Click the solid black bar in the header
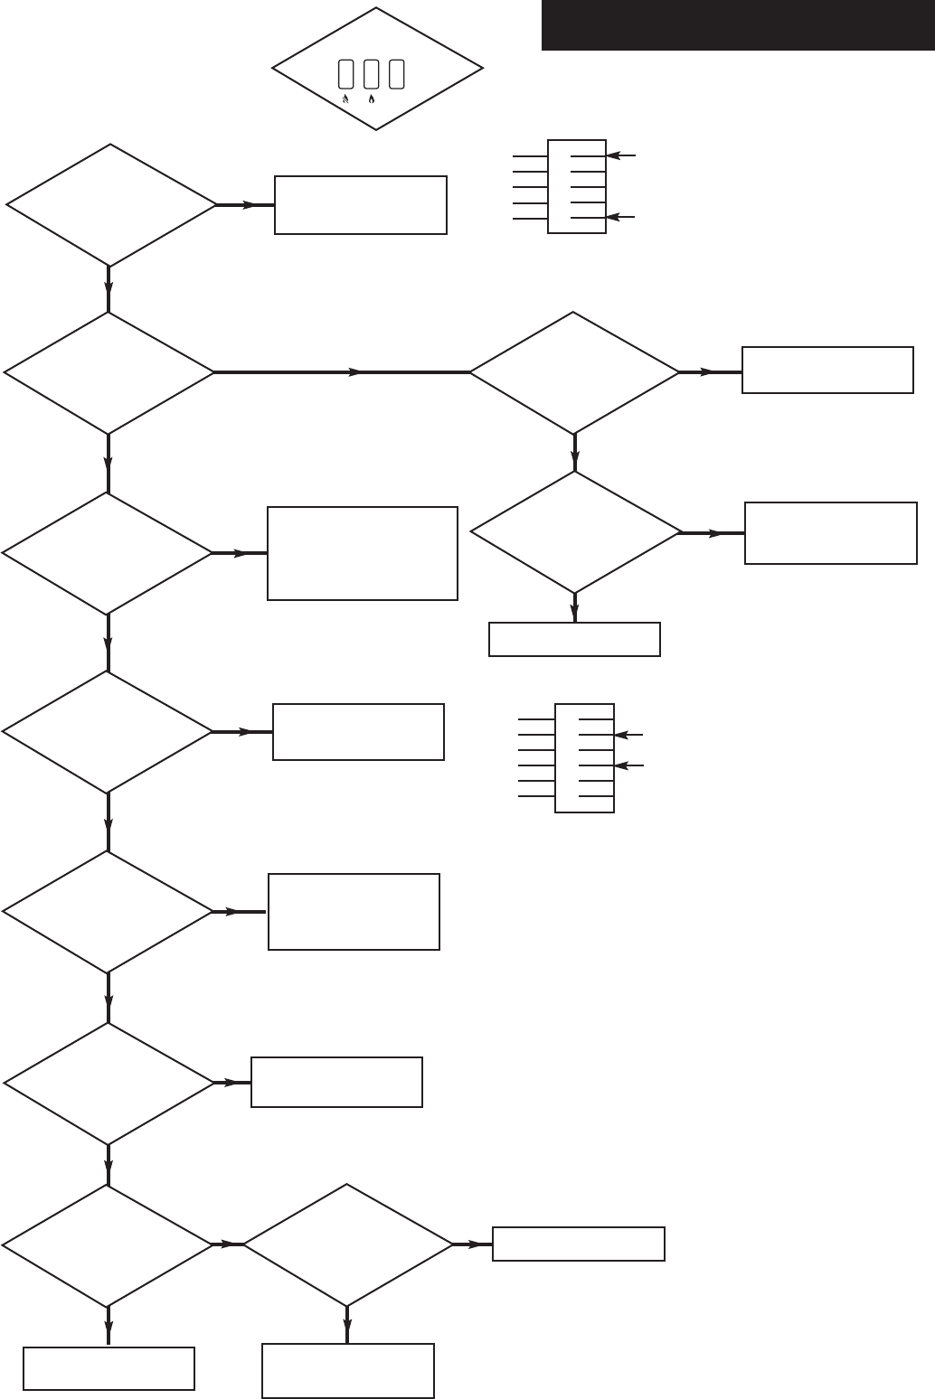coord(737,25)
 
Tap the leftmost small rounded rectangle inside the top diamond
coord(345,74)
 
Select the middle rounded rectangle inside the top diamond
coord(371,74)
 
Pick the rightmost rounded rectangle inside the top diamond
coord(396,74)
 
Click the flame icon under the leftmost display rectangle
coord(345,99)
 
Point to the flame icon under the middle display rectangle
coord(371,99)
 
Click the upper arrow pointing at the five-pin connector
coord(621,156)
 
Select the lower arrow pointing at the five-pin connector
coord(621,217)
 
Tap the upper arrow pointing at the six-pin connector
coord(629,736)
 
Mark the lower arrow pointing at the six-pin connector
coord(629,765)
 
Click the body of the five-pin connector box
coord(577,187)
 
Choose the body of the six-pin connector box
coord(584,757)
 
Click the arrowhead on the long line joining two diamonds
coord(356,372)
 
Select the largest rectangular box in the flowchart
coord(363,553)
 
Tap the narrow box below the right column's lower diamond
coord(574,639)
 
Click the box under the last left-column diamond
coord(109,1368)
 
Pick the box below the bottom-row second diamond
coord(348,1370)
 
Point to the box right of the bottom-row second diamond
coord(579,1244)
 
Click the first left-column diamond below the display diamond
coord(110,205)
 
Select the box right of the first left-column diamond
coord(361,205)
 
